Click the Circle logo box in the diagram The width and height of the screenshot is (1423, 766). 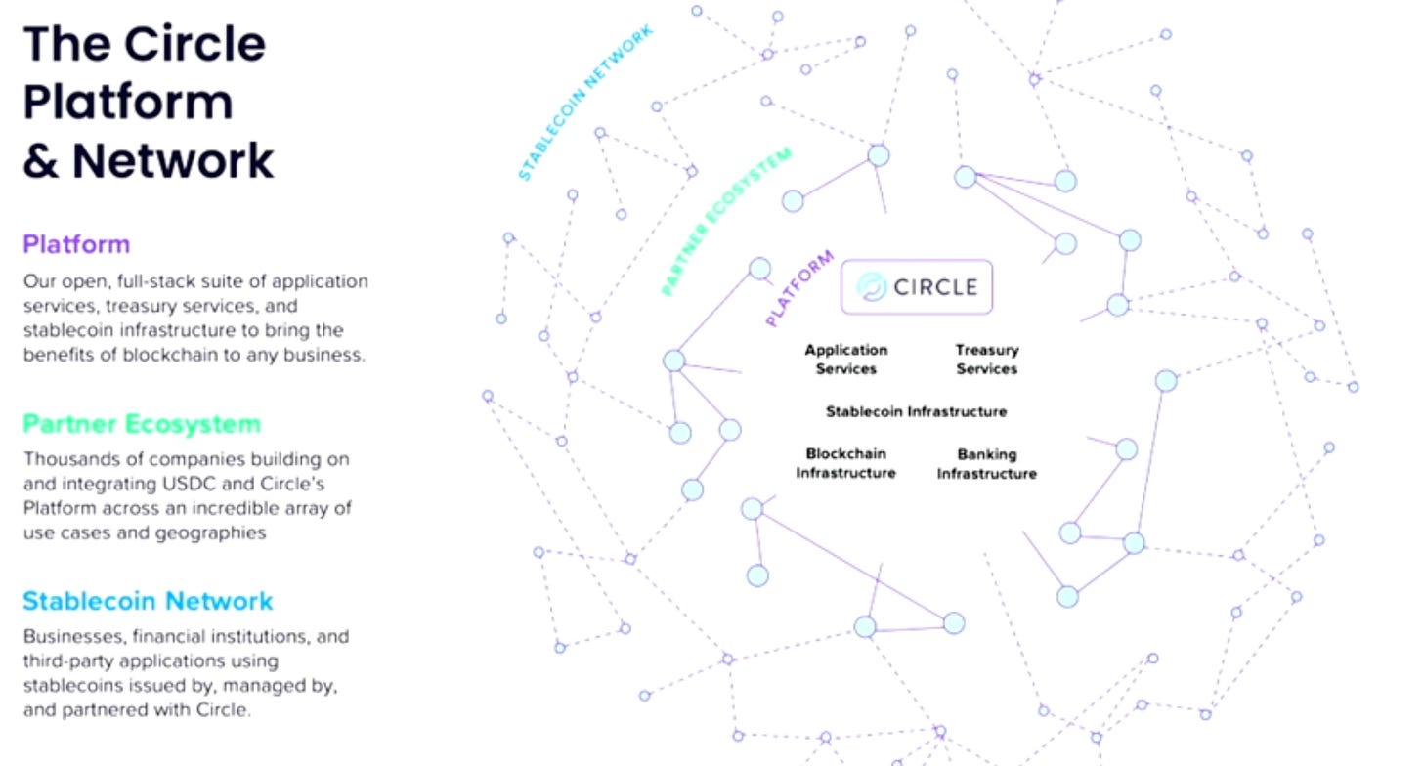(917, 286)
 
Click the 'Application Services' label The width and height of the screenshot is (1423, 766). (846, 360)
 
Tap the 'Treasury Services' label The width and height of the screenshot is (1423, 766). (986, 360)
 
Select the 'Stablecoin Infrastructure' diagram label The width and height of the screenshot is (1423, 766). (916, 411)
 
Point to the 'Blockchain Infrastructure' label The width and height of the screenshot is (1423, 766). (845, 464)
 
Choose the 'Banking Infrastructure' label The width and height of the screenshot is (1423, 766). (986, 464)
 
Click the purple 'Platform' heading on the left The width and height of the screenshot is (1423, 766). (76, 243)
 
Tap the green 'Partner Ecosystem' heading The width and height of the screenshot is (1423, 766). (142, 424)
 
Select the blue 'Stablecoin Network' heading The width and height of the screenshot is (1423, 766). (148, 600)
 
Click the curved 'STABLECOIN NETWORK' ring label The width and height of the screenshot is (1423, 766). (584, 104)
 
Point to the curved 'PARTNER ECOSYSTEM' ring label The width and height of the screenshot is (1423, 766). (725, 222)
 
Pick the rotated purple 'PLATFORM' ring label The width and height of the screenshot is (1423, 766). (799, 288)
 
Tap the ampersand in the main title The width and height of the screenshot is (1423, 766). (41, 161)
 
